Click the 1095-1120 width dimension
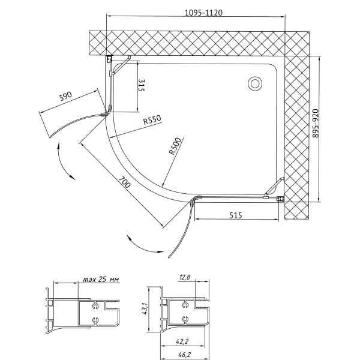click(203, 13)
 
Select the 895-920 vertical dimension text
click(316, 123)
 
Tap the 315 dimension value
click(142, 85)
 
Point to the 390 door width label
click(65, 96)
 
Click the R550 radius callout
click(152, 119)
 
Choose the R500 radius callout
click(175, 146)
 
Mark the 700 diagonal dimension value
click(125, 182)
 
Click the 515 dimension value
click(236, 215)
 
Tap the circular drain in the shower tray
click(255, 83)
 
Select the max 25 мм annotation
click(101, 279)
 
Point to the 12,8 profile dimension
click(185, 277)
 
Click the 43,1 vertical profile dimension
click(144, 308)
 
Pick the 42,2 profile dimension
click(182, 341)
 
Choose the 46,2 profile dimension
click(185, 355)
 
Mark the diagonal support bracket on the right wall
click(274, 187)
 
